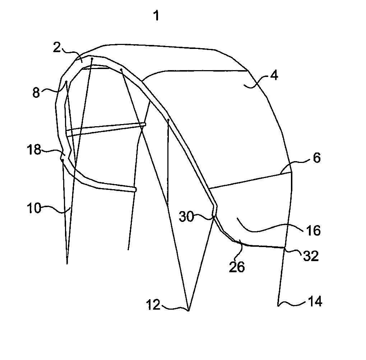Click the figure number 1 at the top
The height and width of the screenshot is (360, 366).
tap(157, 16)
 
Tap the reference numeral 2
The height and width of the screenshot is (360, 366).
tap(57, 47)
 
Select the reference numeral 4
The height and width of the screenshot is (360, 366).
tap(274, 76)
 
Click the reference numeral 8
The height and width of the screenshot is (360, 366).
tap(36, 92)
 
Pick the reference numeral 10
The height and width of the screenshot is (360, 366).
tap(34, 208)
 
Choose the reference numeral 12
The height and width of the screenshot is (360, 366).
tap(153, 305)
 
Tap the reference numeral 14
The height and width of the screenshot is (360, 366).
tap(315, 301)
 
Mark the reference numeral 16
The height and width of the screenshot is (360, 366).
tap(313, 231)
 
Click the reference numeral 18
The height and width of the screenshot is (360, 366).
tap(34, 149)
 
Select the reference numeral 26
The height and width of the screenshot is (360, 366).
tap(237, 267)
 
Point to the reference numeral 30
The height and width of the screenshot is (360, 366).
tap(186, 217)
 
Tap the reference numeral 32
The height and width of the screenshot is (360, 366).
tap(311, 256)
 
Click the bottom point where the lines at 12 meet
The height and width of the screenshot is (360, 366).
tap(188, 311)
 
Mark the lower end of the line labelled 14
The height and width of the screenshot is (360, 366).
tap(278, 306)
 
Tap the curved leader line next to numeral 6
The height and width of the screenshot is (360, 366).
tap(295, 164)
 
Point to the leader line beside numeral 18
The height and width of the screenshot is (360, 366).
tap(54, 151)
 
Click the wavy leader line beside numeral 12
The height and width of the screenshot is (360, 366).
tap(175, 308)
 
